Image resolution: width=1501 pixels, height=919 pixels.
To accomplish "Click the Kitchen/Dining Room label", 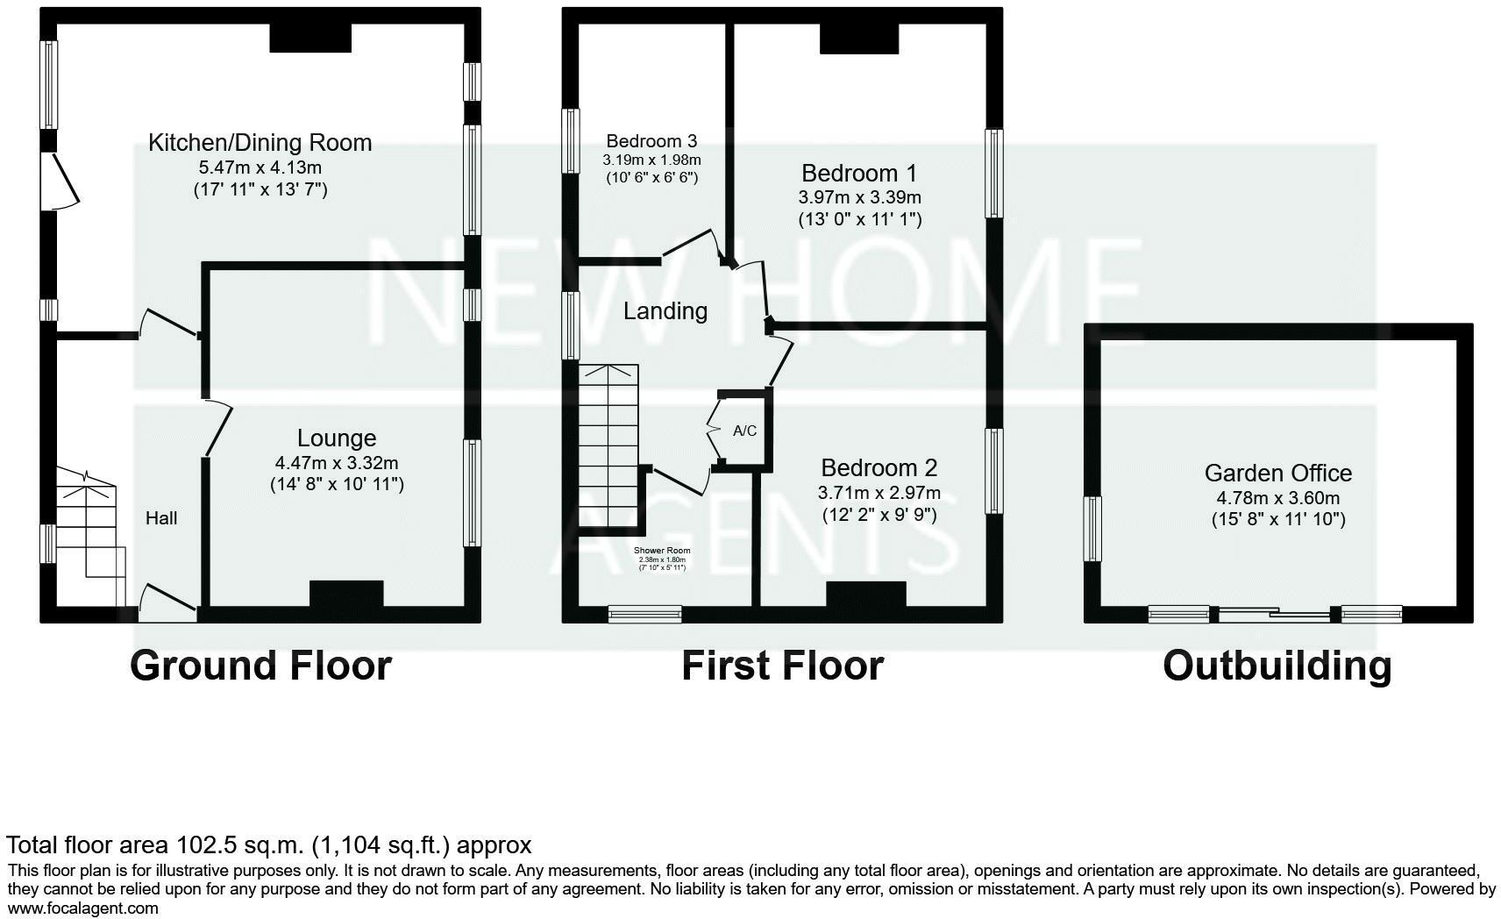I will pyautogui.click(x=260, y=142).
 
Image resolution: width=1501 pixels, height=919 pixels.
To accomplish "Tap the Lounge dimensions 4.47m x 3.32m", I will pyautogui.click(x=337, y=462).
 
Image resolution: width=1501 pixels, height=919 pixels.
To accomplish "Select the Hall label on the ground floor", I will pyautogui.click(x=161, y=518).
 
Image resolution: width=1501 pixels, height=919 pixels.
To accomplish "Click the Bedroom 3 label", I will pyautogui.click(x=651, y=141).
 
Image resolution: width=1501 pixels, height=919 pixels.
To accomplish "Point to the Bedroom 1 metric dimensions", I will pyautogui.click(x=859, y=197).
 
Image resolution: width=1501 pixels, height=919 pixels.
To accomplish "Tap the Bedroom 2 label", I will pyautogui.click(x=879, y=467).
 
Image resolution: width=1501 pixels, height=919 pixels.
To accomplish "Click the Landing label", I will pyautogui.click(x=665, y=311).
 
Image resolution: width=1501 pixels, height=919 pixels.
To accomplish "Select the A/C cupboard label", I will pyautogui.click(x=744, y=431).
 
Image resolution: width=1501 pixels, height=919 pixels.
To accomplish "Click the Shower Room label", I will pyautogui.click(x=662, y=551).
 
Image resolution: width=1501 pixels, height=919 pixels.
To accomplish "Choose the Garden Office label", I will pyautogui.click(x=1277, y=474).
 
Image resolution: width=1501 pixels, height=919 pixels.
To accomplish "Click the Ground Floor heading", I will pyautogui.click(x=260, y=666).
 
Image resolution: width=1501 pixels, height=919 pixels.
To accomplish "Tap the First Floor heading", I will pyautogui.click(x=782, y=666).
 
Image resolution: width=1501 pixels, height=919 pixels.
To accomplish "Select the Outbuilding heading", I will pyautogui.click(x=1277, y=666).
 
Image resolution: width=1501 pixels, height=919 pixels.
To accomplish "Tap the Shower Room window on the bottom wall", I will pyautogui.click(x=645, y=615).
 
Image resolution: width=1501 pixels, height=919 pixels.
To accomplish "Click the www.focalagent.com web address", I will pyautogui.click(x=82, y=908).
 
